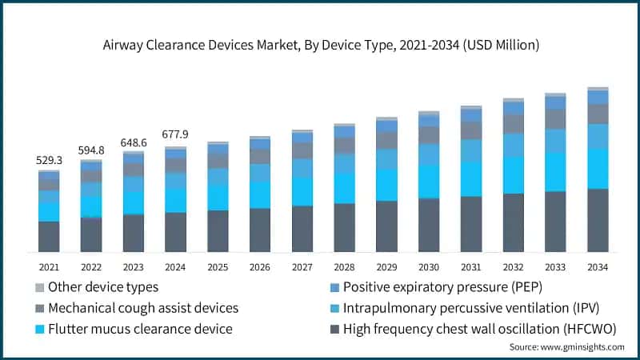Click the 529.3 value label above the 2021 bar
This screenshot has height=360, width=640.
pyautogui.click(x=49, y=161)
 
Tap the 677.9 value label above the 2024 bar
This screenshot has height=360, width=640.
pyautogui.click(x=175, y=134)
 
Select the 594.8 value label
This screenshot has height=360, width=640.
pyautogui.click(x=91, y=150)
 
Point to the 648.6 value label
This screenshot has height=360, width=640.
pyautogui.click(x=133, y=142)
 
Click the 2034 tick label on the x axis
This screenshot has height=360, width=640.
pyautogui.click(x=598, y=266)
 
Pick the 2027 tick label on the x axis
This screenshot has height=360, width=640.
pyautogui.click(x=302, y=266)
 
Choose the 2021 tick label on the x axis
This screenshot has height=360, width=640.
pyautogui.click(x=49, y=266)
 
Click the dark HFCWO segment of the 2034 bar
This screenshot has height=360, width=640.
pyautogui.click(x=598, y=221)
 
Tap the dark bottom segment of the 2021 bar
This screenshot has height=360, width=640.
pyautogui.click(x=49, y=237)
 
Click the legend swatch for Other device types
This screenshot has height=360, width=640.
pyautogui.click(x=40, y=286)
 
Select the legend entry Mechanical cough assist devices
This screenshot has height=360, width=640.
pyautogui.click(x=142, y=307)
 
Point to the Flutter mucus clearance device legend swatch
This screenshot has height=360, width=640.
pyautogui.click(x=40, y=327)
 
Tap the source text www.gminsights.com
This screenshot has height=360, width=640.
pyautogui.click(x=583, y=346)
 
